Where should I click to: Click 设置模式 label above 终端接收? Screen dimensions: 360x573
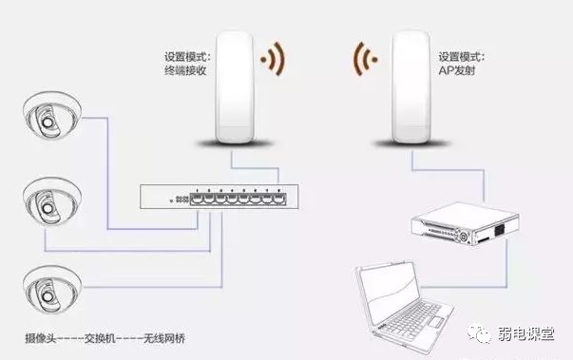coord(185,55)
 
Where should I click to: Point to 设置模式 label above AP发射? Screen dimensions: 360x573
coord(460,56)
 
